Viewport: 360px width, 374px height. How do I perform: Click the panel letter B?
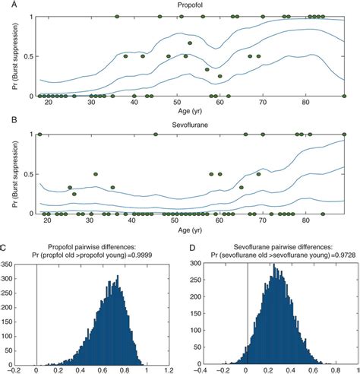[x=7, y=120]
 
